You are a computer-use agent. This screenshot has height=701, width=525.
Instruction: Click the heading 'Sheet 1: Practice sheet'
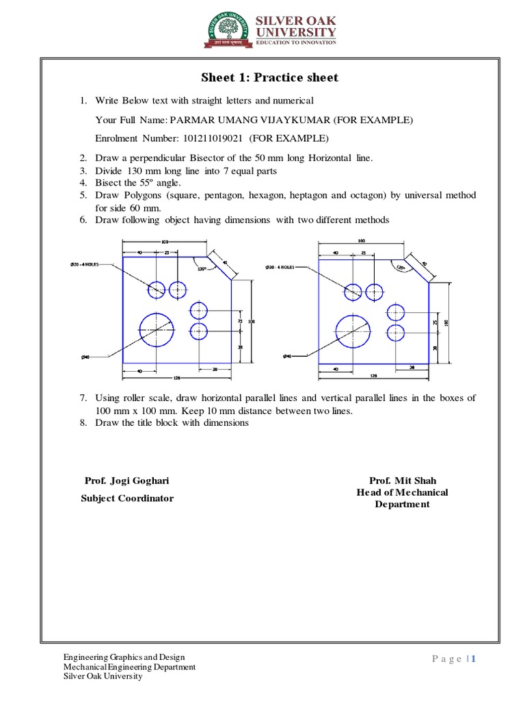(x=269, y=77)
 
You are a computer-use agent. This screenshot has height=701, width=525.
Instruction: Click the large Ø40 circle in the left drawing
(x=157, y=330)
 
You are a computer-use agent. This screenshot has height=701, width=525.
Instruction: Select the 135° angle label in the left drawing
(x=202, y=268)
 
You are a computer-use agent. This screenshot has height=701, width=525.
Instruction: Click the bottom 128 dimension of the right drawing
(x=374, y=376)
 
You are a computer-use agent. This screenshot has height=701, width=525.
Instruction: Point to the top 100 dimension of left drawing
(x=165, y=242)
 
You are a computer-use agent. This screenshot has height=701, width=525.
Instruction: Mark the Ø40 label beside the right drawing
(x=287, y=357)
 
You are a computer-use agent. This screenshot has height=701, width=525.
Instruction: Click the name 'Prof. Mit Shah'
(x=402, y=481)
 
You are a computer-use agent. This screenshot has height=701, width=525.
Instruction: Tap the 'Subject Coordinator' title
(x=127, y=498)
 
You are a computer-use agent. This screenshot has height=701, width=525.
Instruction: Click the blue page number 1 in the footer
(x=472, y=659)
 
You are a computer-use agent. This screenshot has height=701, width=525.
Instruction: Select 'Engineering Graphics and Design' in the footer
(x=124, y=657)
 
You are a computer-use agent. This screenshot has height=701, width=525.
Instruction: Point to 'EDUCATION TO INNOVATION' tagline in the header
(x=296, y=42)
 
